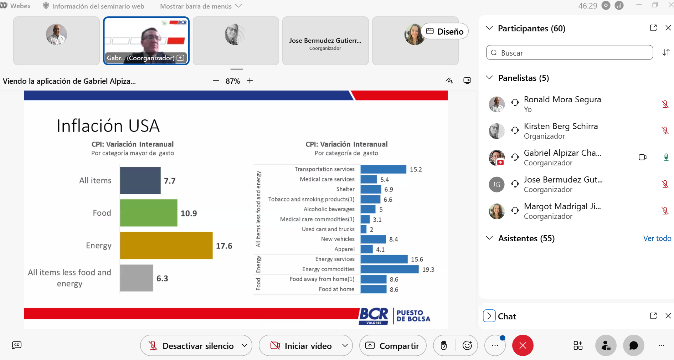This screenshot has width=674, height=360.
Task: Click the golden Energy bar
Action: coord(166,245)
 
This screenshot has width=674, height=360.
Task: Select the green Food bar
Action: coord(149,213)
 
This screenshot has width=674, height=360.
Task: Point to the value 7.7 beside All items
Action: coord(170,181)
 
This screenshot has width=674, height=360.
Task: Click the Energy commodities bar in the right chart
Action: coord(390,269)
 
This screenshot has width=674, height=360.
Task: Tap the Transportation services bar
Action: coord(384,169)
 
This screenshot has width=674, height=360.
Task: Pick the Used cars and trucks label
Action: coord(328,229)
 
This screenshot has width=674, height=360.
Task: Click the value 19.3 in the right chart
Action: coord(428,269)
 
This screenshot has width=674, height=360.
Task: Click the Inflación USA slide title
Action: coord(108,126)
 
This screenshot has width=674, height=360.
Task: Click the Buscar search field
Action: coord(570,53)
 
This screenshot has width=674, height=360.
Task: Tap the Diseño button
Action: coord(445,31)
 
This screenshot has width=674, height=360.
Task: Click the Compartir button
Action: coord(393,345)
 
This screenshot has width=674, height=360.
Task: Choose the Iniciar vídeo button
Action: coord(305,345)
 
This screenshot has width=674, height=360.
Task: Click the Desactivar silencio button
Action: coord(196,345)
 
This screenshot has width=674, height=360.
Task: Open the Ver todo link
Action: coord(657,238)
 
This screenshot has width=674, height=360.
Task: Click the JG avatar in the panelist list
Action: coord(497,185)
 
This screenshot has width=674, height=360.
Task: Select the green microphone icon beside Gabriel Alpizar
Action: coord(665,157)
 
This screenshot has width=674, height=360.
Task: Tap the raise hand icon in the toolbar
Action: coord(444,345)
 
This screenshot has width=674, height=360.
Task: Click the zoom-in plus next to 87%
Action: coord(250,81)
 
